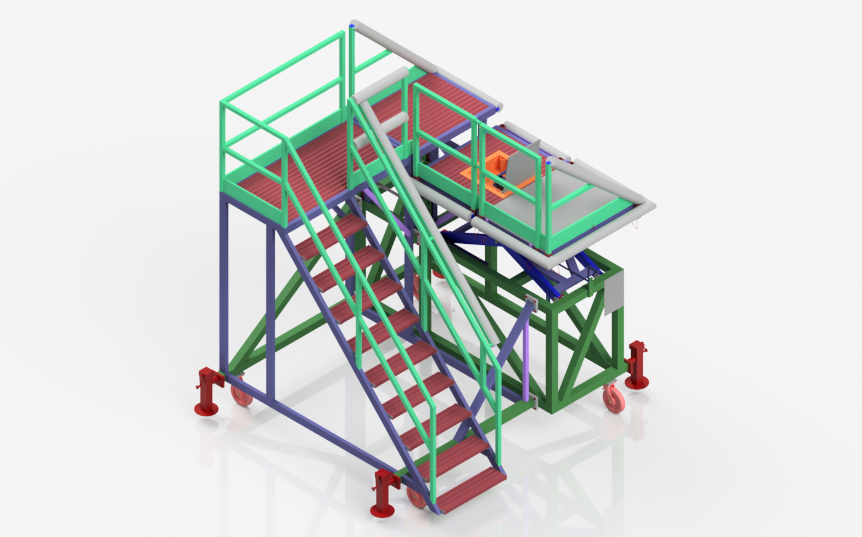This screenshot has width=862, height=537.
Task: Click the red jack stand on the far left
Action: [208, 392]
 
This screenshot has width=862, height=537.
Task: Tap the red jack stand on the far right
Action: [637, 365]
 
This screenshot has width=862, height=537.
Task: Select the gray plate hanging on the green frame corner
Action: [614, 292]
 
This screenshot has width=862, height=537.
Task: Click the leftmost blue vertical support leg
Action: [224, 283]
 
